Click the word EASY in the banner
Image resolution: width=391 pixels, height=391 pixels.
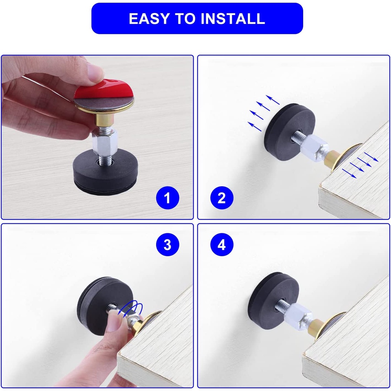pyautogui.click(x=149, y=19)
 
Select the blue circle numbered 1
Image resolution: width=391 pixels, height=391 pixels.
pyautogui.click(x=168, y=198)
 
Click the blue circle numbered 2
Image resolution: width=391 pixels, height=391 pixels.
pyautogui.click(x=222, y=198)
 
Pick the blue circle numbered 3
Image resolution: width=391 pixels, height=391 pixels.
pyautogui.click(x=168, y=244)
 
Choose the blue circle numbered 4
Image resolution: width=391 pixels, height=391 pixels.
pyautogui.click(x=222, y=244)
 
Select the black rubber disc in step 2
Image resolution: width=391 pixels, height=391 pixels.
pyautogui.click(x=289, y=132)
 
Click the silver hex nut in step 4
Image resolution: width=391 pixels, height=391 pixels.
pyautogui.click(x=299, y=315)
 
